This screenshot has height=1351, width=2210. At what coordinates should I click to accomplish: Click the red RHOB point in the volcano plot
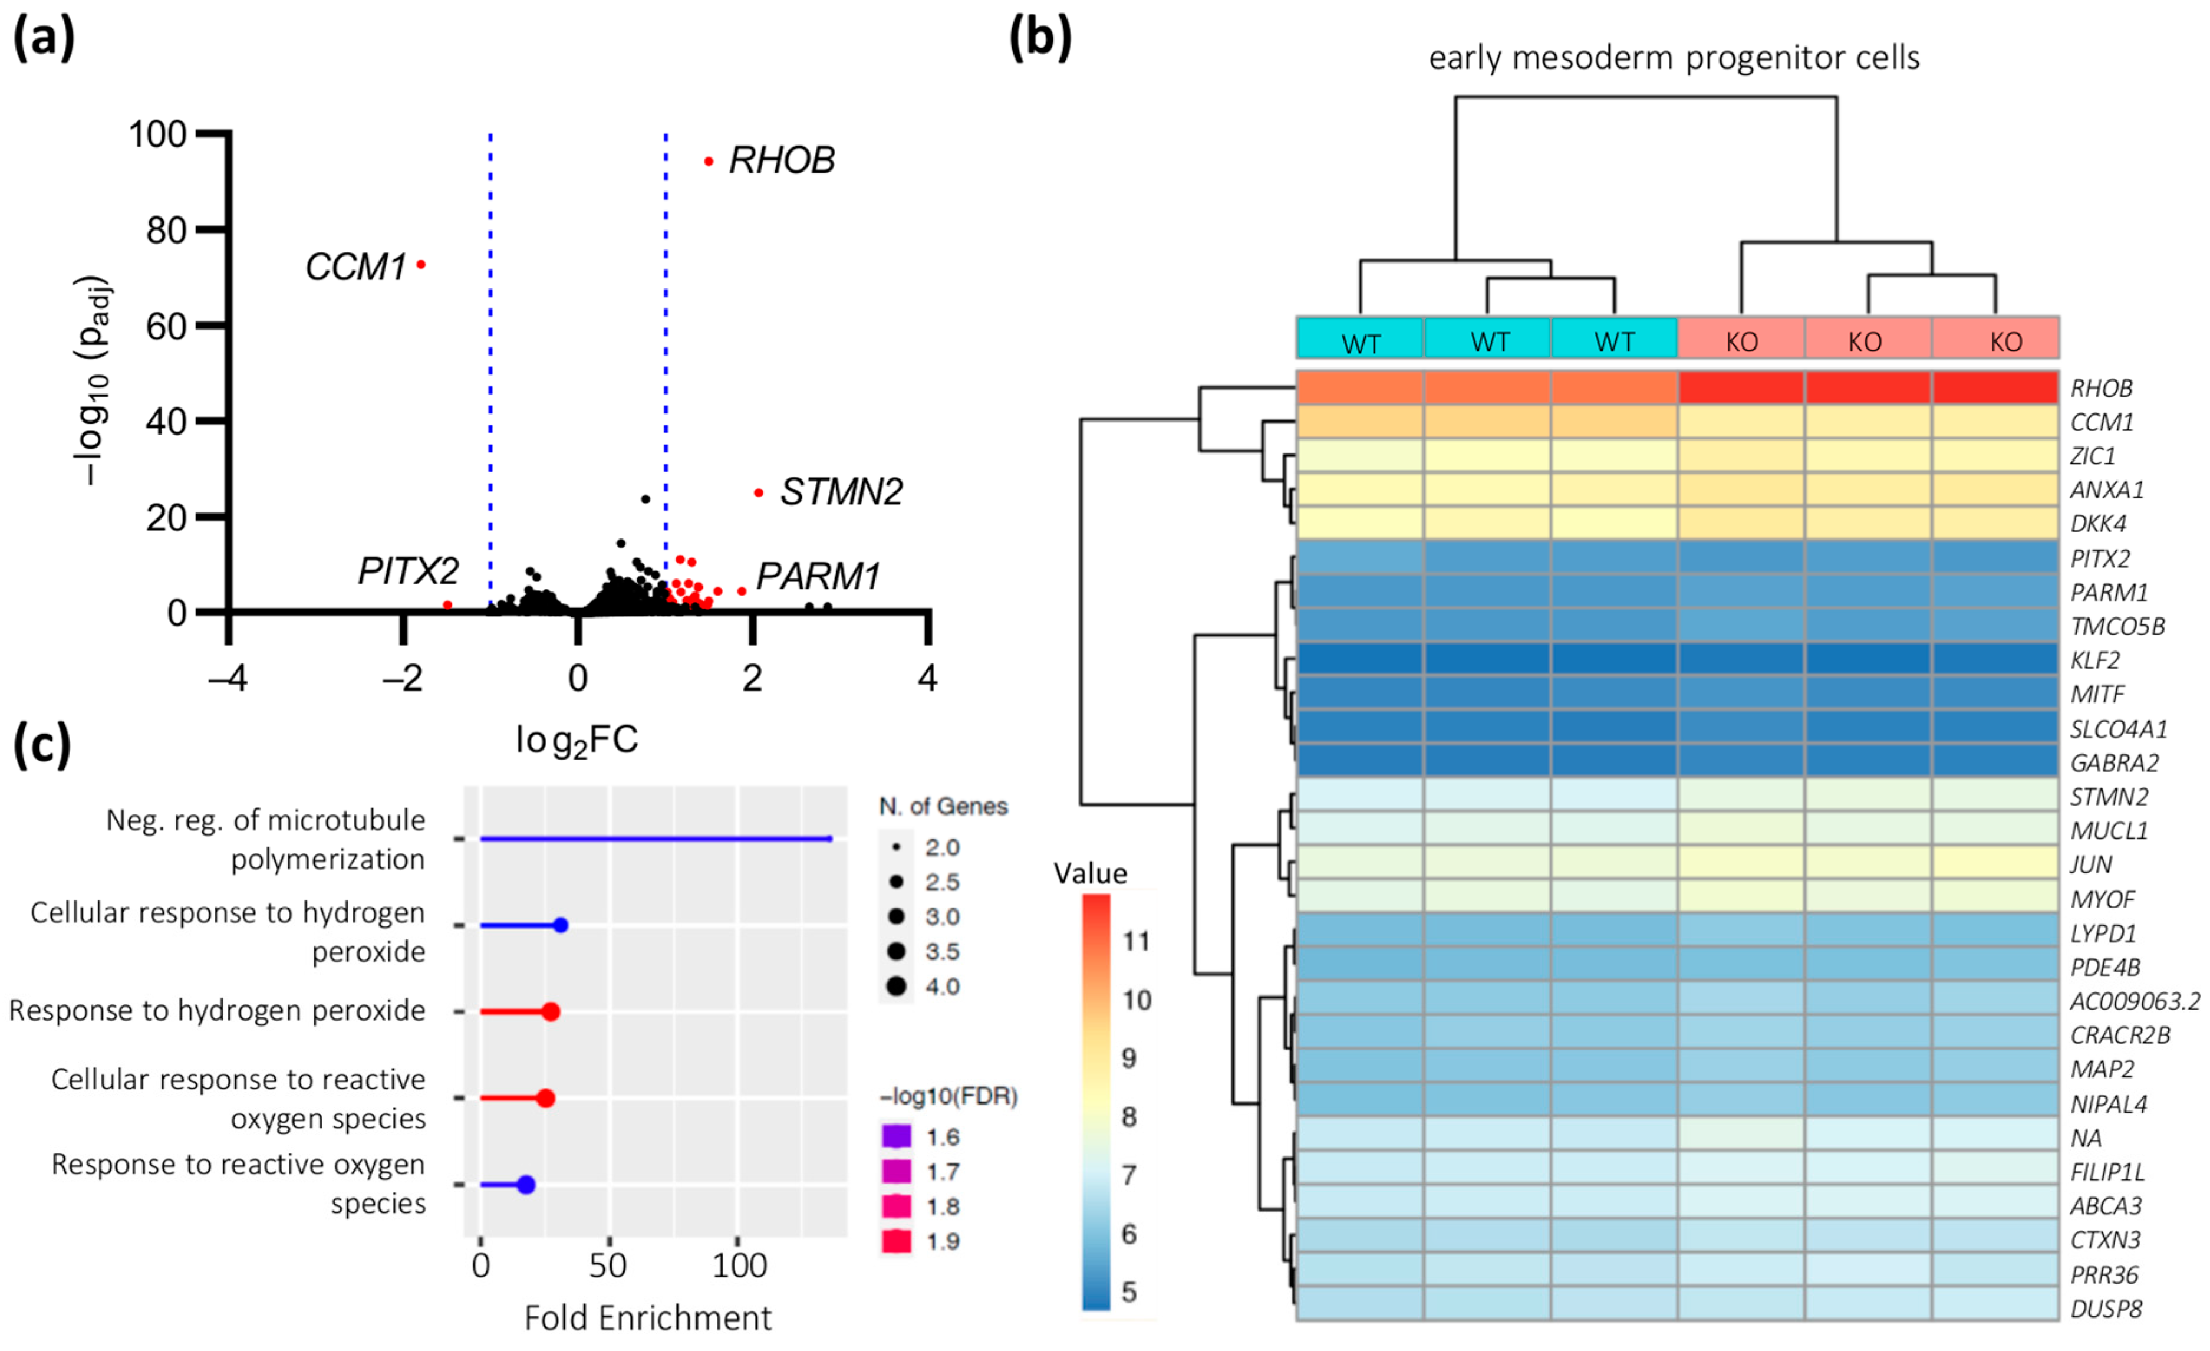709,162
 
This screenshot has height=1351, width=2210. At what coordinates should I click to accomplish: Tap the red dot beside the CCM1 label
421,265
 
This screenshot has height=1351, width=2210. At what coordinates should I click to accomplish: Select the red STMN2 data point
759,492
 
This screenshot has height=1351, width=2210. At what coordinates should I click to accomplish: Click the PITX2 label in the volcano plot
408,571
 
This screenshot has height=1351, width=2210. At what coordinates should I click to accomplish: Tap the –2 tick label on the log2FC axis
402,678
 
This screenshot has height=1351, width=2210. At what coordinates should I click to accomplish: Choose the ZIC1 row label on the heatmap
2093,456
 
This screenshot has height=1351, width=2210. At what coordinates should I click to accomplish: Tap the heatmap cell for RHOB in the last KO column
1995,387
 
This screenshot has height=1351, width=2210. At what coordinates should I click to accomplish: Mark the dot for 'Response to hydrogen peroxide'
551,1012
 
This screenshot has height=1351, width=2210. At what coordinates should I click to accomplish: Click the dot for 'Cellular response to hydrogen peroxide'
561,925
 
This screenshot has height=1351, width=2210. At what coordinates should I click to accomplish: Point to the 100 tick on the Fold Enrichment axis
739,1265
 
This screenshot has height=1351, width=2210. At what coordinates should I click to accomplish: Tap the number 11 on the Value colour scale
1135,941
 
